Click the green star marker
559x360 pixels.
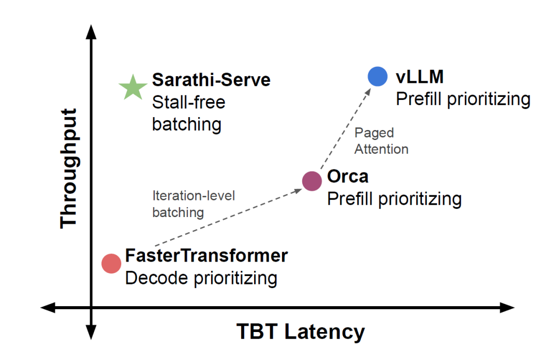pyautogui.click(x=133, y=88)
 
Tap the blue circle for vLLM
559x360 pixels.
pyautogui.click(x=377, y=77)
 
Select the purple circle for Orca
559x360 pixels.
pyautogui.click(x=312, y=181)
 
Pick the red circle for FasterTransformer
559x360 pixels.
pyautogui.click(x=111, y=263)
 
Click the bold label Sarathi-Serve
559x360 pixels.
pyautogui.click(x=211, y=80)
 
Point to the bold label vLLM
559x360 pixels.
pyautogui.click(x=420, y=77)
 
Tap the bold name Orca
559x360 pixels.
pyautogui.click(x=348, y=176)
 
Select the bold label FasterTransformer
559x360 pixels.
pyautogui.click(x=206, y=255)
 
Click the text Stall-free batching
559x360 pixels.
pyautogui.click(x=188, y=113)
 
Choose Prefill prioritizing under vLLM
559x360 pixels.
pyautogui.click(x=463, y=99)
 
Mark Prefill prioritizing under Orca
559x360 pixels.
pyautogui.click(x=394, y=198)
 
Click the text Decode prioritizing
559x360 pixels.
pyautogui.click(x=201, y=278)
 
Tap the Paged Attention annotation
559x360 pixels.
pyautogui.click(x=381, y=141)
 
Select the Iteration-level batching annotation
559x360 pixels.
pyautogui.click(x=194, y=204)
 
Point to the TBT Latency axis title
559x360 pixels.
pyautogui.click(x=300, y=332)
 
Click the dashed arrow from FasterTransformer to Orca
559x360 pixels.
pyautogui.click(x=228, y=218)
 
